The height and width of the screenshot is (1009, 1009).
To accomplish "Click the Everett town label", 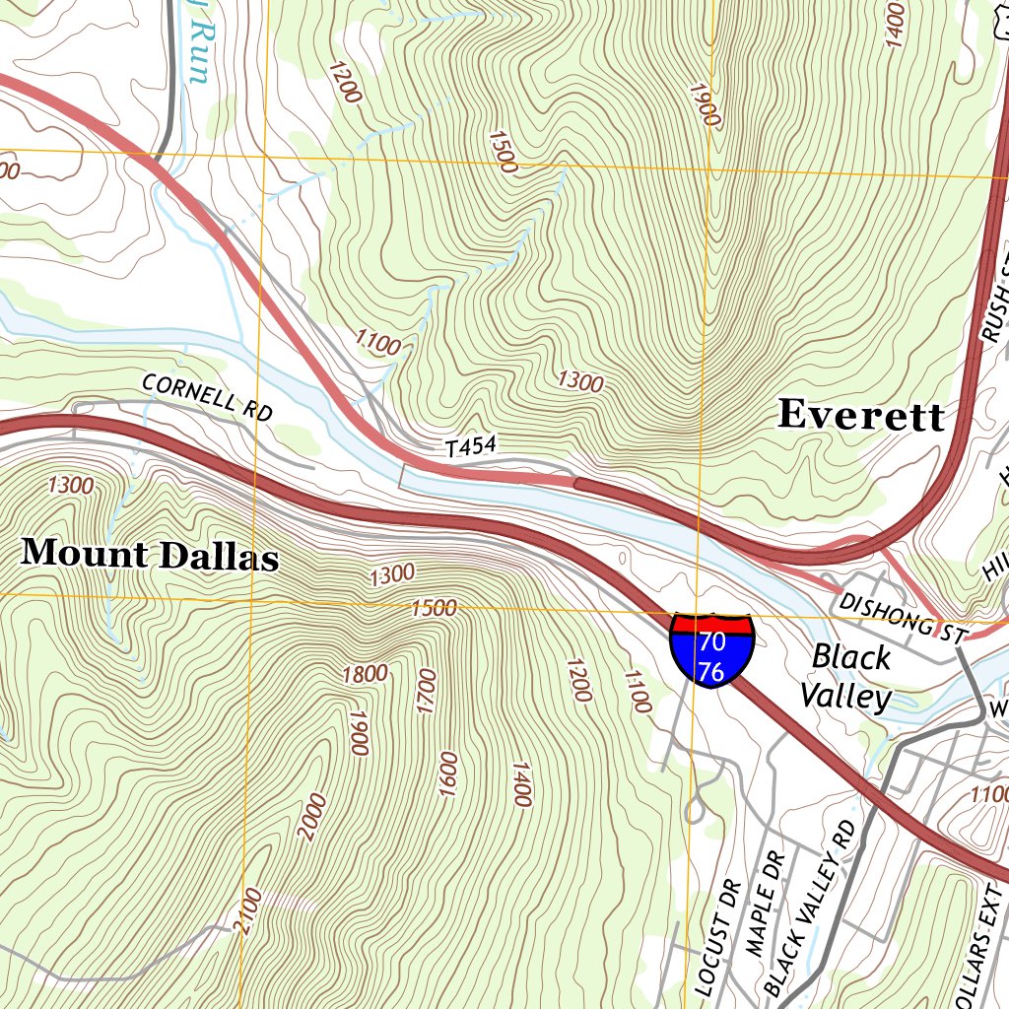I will (x=860, y=416).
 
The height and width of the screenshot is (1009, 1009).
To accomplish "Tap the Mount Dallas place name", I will (x=150, y=554).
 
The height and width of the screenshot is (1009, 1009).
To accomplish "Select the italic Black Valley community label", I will (x=846, y=677).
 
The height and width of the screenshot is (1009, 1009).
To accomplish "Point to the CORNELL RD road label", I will (x=206, y=397).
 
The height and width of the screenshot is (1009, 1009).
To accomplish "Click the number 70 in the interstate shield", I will (x=711, y=642).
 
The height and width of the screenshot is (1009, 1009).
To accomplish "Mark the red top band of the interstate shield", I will (x=711, y=623).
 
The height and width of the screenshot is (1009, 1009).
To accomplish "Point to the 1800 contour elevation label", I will (x=365, y=674).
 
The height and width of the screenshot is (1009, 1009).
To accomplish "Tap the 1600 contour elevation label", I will (x=448, y=774).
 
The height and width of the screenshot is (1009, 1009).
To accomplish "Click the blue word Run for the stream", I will (x=200, y=39).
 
